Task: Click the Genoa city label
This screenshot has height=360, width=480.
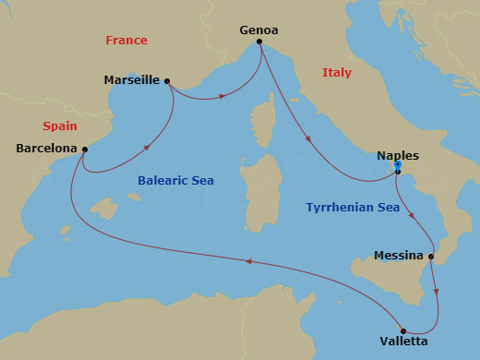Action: pyautogui.click(x=259, y=30)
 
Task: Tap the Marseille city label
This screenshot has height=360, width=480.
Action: pyautogui.click(x=132, y=80)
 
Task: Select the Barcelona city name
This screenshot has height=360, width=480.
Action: pyautogui.click(x=46, y=148)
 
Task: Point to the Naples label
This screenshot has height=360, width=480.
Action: pyautogui.click(x=399, y=156)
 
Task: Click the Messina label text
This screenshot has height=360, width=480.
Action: pyautogui.click(x=399, y=256)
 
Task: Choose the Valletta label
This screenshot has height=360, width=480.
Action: pyautogui.click(x=402, y=342)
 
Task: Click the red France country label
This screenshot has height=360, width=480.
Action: pyautogui.click(x=126, y=41)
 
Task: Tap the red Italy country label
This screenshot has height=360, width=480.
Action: pyautogui.click(x=336, y=73)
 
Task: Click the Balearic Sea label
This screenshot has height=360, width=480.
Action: pyautogui.click(x=175, y=181)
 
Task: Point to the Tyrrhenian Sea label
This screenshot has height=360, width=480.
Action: pyautogui.click(x=353, y=208)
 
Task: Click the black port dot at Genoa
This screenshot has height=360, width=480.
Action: pyautogui.click(x=259, y=42)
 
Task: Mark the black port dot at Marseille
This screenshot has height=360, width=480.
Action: pyautogui.click(x=167, y=81)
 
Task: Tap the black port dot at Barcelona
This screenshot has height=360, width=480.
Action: pyautogui.click(x=84, y=149)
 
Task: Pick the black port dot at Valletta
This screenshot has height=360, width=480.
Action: pyautogui.click(x=402, y=330)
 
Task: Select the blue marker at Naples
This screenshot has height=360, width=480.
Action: pyautogui.click(x=397, y=166)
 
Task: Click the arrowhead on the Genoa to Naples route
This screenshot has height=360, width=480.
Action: pyautogui.click(x=307, y=141)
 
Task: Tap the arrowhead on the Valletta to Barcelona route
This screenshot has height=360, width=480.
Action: pyautogui.click(x=246, y=261)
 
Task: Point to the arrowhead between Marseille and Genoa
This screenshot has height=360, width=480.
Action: pyautogui.click(x=223, y=96)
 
